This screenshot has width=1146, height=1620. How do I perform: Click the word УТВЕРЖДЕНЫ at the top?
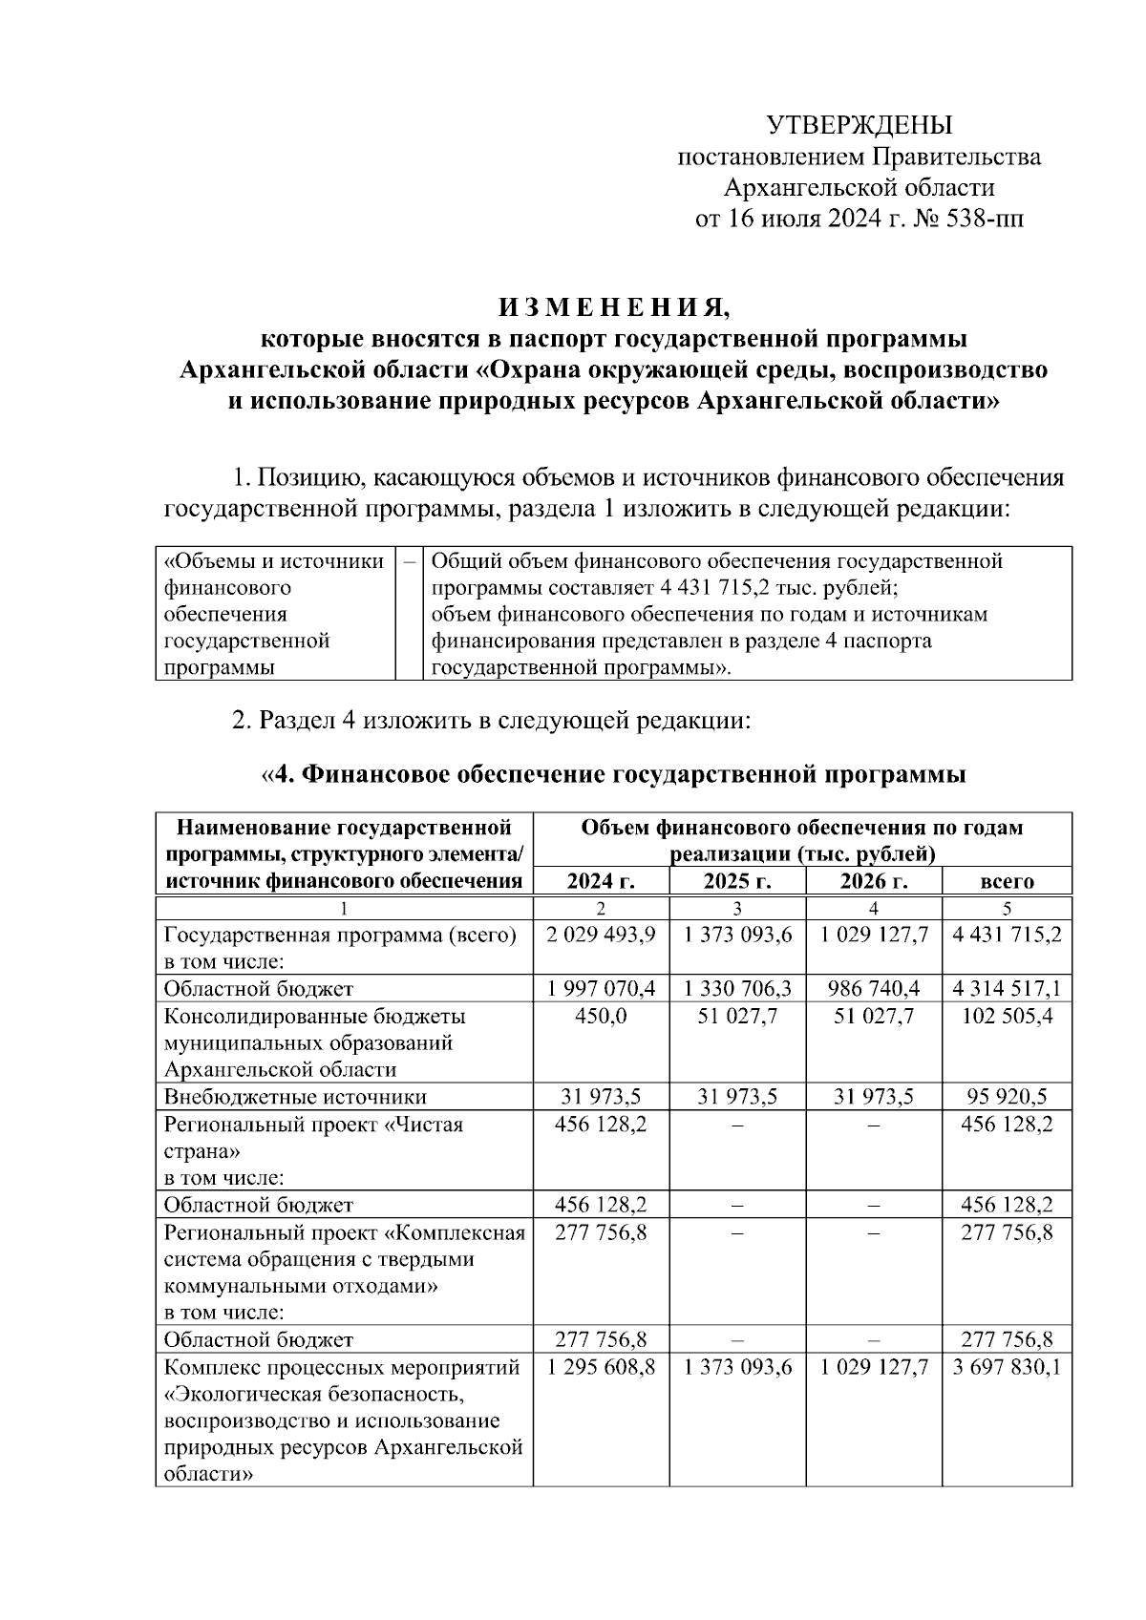859,126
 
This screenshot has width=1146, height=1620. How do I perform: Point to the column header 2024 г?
601,881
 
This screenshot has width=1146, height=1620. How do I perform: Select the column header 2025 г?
737,881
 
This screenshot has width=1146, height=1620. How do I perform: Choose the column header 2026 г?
873,881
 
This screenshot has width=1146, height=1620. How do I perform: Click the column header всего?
1007,881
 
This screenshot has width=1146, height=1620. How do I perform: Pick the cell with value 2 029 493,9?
601,935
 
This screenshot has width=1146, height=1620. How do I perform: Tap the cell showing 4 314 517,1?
1007,989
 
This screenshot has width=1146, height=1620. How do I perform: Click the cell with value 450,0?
601,1016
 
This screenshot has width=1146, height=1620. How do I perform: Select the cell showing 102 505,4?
1007,1016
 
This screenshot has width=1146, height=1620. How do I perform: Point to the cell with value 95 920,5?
1007,1097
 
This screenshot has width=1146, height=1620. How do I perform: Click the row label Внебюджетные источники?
295,1097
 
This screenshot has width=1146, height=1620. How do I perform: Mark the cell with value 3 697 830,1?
1007,1368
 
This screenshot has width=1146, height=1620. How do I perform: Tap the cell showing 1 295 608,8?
601,1368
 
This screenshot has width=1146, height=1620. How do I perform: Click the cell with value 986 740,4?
873,989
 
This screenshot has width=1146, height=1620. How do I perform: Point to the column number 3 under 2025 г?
737,908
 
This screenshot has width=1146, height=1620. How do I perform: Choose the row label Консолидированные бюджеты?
314,1016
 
